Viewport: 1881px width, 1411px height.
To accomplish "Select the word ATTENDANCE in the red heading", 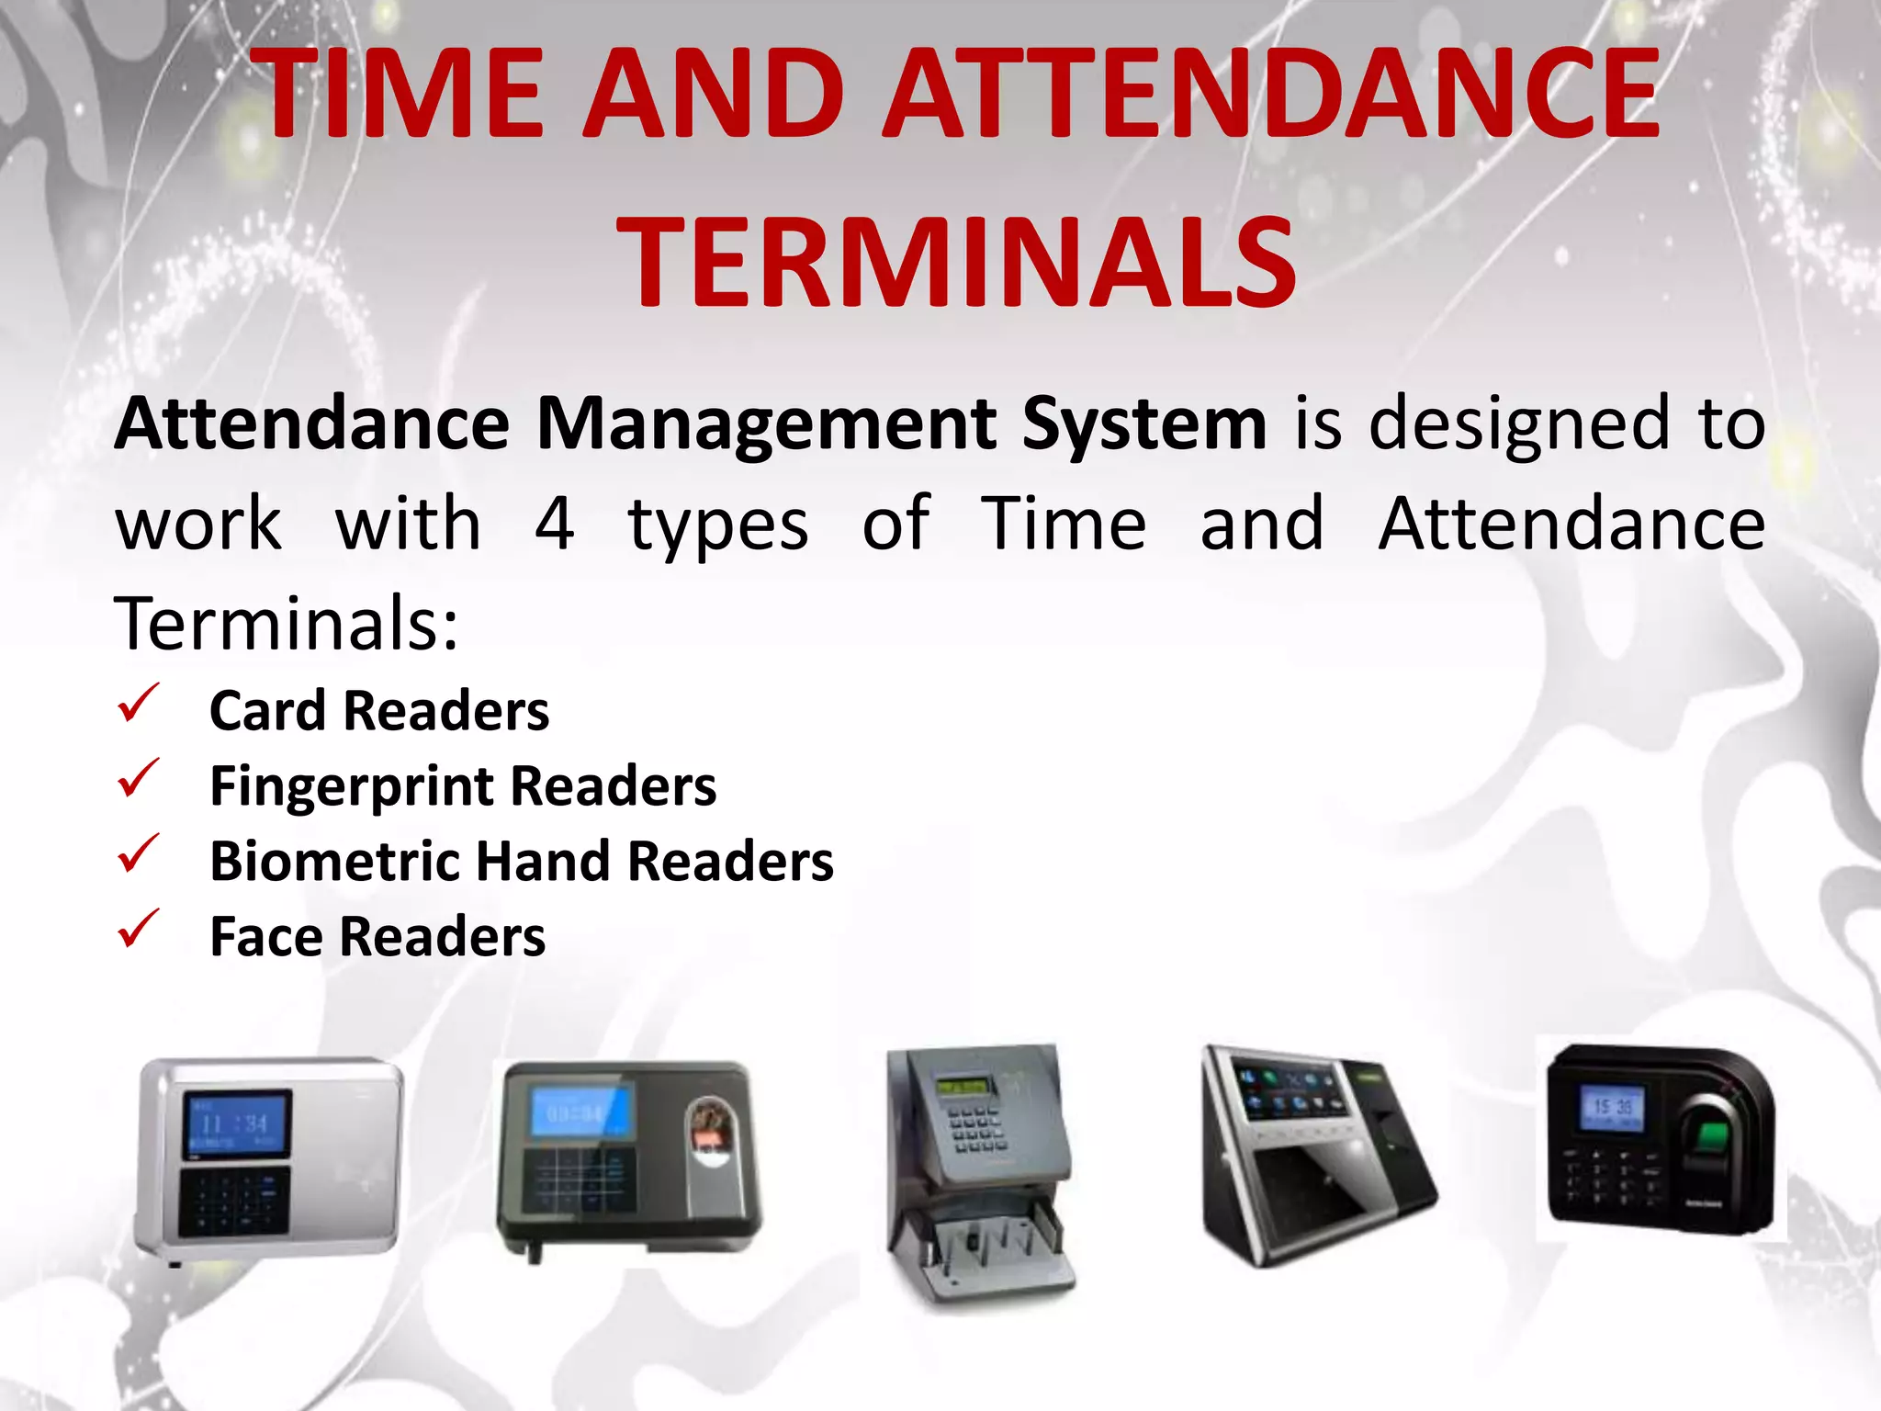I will point(1272,94).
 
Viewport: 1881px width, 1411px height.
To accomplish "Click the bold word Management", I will point(767,424).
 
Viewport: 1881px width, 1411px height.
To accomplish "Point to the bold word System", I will point(1144,424).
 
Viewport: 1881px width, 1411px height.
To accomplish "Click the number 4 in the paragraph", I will point(555,524).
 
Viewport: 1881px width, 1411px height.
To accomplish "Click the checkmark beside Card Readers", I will point(138,704).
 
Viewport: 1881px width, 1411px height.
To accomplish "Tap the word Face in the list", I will point(266,937).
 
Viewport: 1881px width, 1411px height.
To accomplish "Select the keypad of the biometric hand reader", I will point(975,1128).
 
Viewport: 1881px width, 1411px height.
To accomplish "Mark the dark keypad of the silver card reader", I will point(233,1200).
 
